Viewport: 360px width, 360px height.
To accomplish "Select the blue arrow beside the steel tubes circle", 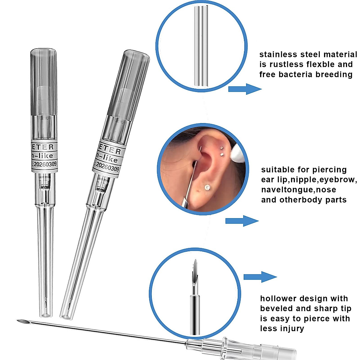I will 244,89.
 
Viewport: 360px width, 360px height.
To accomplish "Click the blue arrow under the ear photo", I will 241,221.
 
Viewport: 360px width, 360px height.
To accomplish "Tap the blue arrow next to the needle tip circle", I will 259,277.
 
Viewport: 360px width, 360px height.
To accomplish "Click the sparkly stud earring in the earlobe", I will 207,187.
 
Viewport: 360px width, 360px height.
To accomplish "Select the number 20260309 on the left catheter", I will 45,164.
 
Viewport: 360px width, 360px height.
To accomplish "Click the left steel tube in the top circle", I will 196,46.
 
